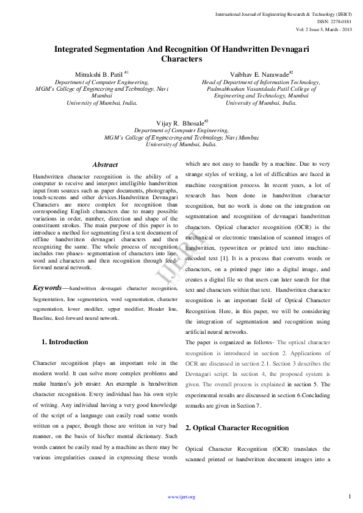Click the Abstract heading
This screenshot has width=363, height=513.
coord(105,165)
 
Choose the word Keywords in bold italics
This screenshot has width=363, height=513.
coord(47,288)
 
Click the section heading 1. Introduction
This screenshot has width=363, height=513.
coord(64,342)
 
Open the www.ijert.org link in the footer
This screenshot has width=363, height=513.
coord(181,497)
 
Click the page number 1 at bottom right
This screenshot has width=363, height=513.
coord(350,497)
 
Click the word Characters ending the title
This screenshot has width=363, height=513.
coord(181,59)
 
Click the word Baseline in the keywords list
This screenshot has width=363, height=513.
coord(43,318)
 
